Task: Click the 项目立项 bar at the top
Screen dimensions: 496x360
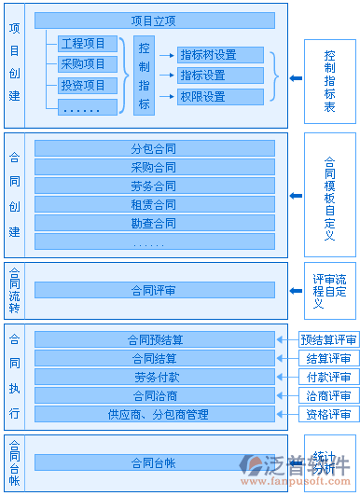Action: tap(154, 21)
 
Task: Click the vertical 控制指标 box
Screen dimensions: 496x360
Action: tap(144, 76)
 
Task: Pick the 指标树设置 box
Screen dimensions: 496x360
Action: tap(220, 55)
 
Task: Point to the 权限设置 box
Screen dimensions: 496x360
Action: tap(220, 96)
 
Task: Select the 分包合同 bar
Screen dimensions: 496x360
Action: tap(154, 148)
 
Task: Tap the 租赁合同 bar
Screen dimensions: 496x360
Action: tap(154, 204)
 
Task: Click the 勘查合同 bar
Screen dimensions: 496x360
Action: tap(154, 223)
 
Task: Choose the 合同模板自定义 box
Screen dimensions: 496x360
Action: tap(329, 197)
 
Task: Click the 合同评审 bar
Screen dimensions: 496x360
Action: tap(154, 290)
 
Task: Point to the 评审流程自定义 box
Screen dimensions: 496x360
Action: tap(329, 290)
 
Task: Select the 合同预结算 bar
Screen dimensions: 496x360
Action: tap(154, 339)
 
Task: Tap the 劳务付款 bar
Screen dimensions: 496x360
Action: tap(154, 377)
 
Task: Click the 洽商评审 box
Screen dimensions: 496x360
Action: tap(329, 395)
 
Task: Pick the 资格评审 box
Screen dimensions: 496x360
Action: tap(329, 414)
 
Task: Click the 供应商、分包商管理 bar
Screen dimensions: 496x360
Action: tap(154, 414)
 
